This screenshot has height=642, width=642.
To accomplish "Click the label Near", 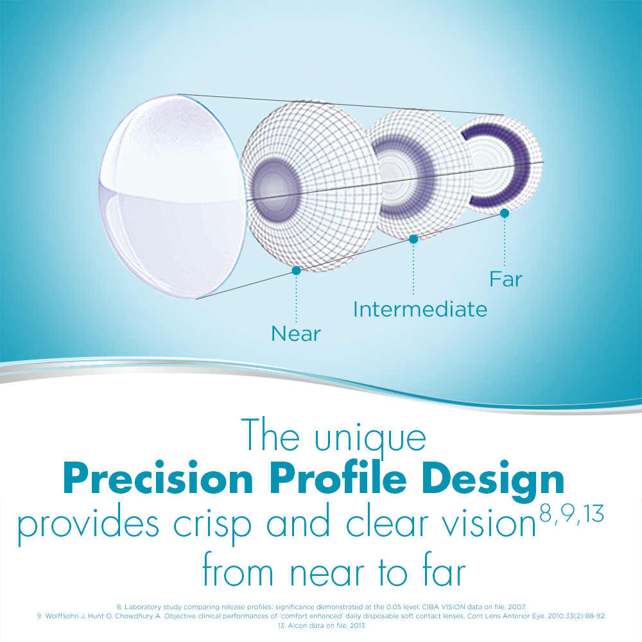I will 295,334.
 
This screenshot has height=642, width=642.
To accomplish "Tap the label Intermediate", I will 420,309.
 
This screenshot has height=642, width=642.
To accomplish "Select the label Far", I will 505,279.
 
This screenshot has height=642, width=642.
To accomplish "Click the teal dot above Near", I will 296,271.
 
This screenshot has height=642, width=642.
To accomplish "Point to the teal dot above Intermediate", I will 413,239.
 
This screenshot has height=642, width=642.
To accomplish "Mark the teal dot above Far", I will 505,213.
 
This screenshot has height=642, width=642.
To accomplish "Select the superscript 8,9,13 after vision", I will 571,516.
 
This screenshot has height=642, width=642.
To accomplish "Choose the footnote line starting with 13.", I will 321,625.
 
